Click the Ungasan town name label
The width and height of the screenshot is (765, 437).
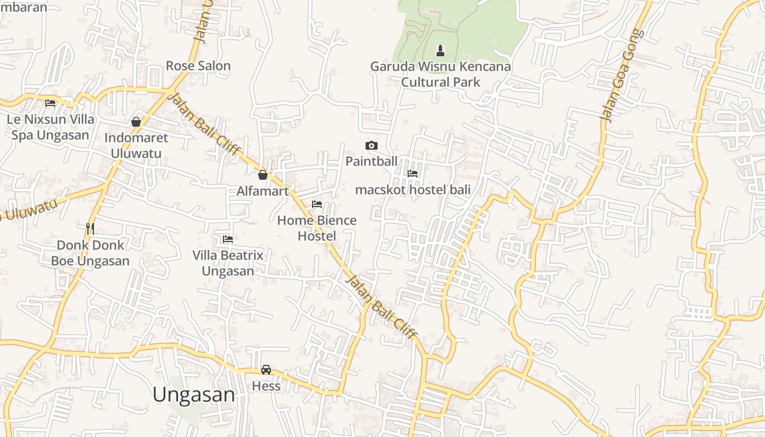coord(193,394)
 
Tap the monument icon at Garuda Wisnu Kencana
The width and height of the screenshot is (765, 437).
coord(440,51)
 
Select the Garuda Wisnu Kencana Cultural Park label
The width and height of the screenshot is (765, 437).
coord(440,74)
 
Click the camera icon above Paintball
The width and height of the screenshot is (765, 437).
coord(372,145)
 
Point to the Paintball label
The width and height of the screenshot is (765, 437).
coord(372,161)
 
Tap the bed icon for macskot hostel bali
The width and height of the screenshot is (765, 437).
coord(413,174)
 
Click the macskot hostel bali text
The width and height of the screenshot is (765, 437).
coord(413,190)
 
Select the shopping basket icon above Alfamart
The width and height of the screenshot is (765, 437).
coord(263,175)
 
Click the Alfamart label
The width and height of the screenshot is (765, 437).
coord(262,191)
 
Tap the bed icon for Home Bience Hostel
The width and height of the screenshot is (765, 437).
coord(317,204)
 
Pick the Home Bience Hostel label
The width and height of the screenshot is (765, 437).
coord(317,228)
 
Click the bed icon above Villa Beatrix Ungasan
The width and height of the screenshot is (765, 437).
coord(228,239)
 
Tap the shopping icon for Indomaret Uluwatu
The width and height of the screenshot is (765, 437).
coord(136,122)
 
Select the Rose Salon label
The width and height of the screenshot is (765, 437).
coord(198,66)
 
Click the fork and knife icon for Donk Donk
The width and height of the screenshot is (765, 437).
coord(90,228)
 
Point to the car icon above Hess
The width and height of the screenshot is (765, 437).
coord(266,370)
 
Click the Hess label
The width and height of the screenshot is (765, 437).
coord(266,386)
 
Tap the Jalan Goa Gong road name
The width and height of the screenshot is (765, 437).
coord(622,75)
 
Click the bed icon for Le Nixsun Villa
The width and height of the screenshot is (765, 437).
coord(50,103)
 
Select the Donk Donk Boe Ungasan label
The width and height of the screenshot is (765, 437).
coord(91,252)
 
